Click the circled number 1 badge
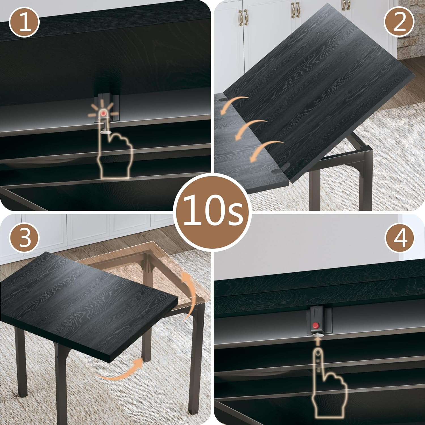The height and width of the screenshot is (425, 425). (24, 23)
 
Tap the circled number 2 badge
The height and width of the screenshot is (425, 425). (399, 23)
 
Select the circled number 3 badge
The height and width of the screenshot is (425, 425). (24, 237)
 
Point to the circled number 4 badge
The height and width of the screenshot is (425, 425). (399, 237)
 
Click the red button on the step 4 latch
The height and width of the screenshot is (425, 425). (315, 325)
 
